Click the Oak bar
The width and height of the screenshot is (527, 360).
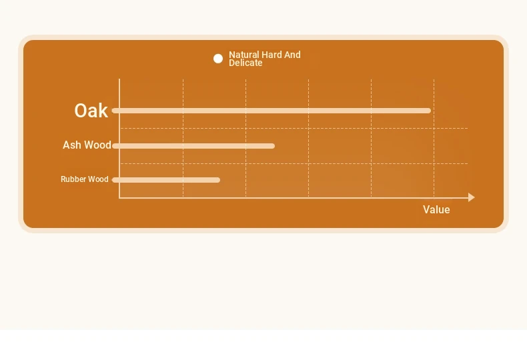272,111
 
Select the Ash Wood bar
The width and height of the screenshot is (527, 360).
193,146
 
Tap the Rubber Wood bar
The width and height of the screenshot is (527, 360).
166,180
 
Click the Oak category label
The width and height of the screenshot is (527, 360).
91,111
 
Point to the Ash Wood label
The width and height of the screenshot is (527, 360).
87,145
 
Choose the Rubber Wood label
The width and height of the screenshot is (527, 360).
85,179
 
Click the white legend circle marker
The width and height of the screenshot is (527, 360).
218,59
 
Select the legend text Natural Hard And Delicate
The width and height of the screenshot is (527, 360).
265,59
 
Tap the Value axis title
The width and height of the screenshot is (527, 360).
436,209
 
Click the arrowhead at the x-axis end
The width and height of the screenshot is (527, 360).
472,197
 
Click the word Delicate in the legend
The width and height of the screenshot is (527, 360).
245,63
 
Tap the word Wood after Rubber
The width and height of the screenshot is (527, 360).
97,179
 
